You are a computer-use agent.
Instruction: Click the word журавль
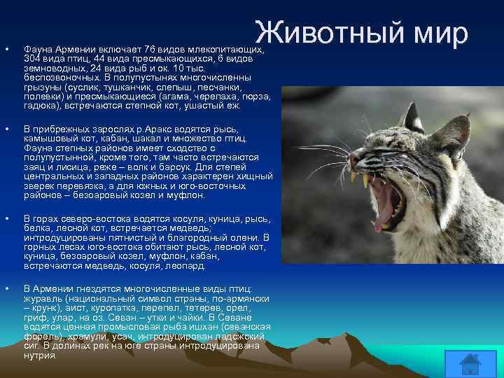point(43,299)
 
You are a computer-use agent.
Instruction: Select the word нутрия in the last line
point(40,356)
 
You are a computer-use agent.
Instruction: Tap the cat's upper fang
point(364,179)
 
